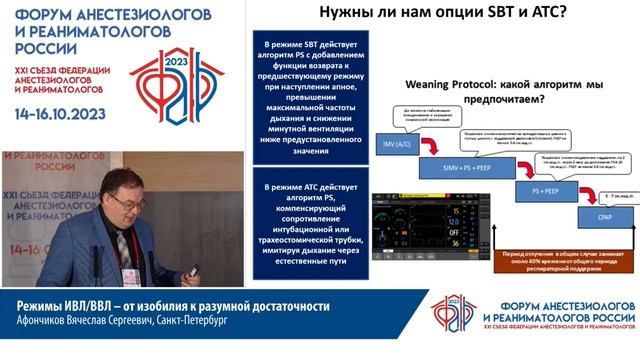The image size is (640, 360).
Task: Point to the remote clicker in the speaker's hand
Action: (x=194, y=269)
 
